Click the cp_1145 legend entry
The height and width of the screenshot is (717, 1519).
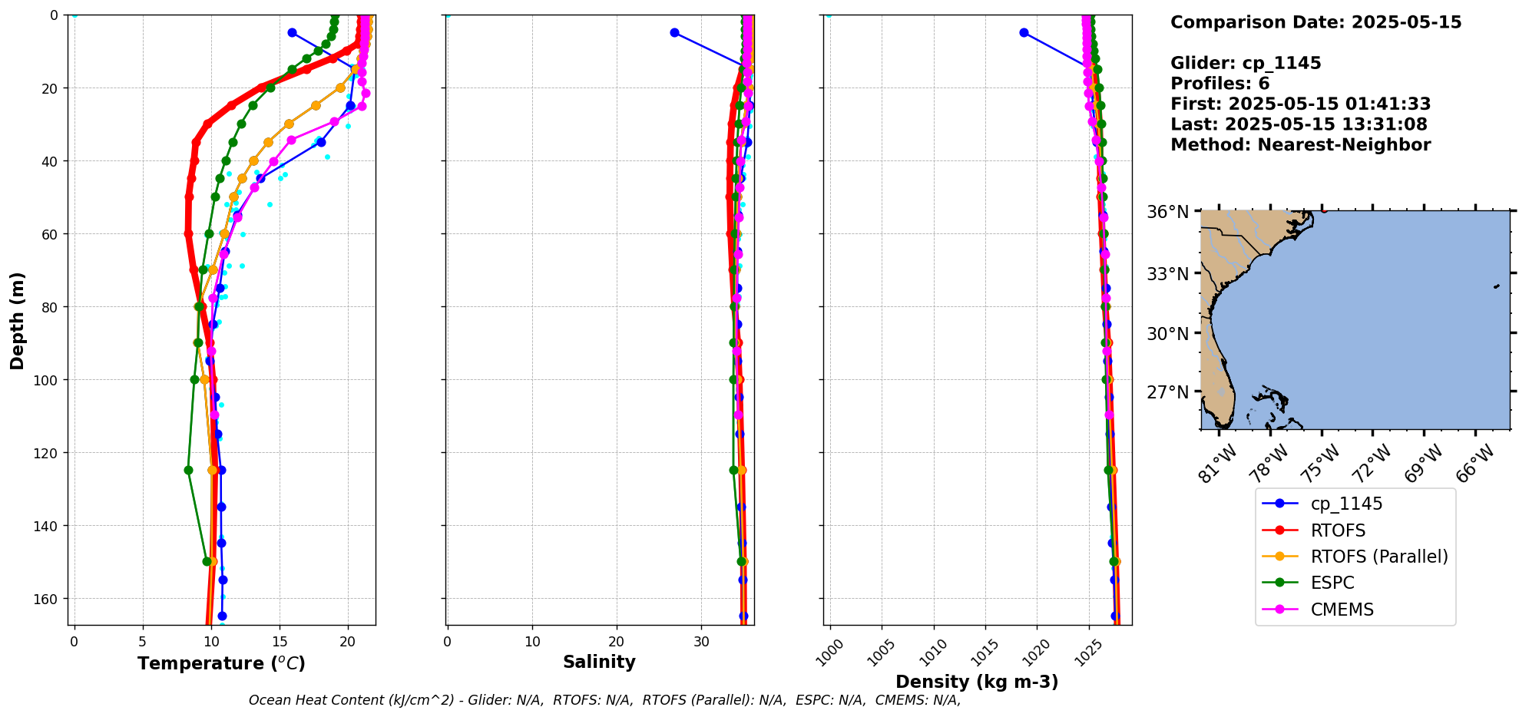pyautogui.click(x=1345, y=504)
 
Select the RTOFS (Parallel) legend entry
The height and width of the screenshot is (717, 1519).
pyautogui.click(x=1378, y=557)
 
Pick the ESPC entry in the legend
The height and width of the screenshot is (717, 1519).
pyautogui.click(x=1332, y=583)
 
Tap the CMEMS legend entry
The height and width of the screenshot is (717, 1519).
pyautogui.click(x=1342, y=610)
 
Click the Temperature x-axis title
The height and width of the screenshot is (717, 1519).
pyautogui.click(x=221, y=663)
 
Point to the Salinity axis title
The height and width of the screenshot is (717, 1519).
pyautogui.click(x=599, y=662)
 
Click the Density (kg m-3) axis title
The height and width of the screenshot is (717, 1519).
pyautogui.click(x=977, y=682)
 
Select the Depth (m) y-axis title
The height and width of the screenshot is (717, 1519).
pyautogui.click(x=17, y=320)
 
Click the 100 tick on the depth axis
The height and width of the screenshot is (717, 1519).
pyautogui.click(x=45, y=380)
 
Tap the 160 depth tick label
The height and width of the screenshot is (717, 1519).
pyautogui.click(x=45, y=599)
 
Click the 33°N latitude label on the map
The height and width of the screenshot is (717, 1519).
pyautogui.click(x=1167, y=274)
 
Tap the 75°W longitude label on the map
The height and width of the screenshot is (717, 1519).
pyautogui.click(x=1319, y=464)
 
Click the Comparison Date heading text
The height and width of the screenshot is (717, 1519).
pyautogui.click(x=1315, y=22)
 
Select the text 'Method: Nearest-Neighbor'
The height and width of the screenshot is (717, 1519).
pyautogui.click(x=1300, y=145)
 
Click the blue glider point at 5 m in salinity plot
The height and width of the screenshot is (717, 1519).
pyautogui.click(x=674, y=32)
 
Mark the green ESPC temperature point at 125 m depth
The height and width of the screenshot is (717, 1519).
pyautogui.click(x=188, y=470)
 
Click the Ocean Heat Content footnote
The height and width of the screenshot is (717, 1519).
pyautogui.click(x=604, y=700)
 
